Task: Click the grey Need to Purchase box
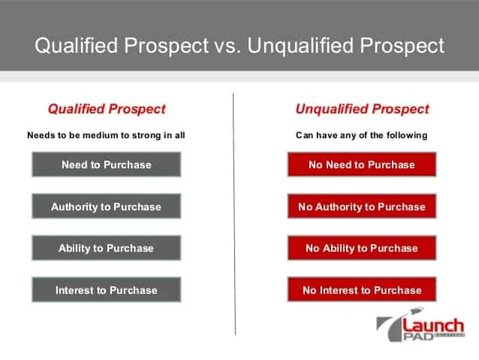(x=107, y=165)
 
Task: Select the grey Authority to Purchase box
(x=107, y=206)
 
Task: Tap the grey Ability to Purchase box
(x=107, y=248)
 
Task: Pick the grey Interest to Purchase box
(x=107, y=289)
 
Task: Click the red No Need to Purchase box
(x=362, y=165)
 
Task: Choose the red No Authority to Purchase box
(x=362, y=206)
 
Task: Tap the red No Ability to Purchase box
(x=362, y=248)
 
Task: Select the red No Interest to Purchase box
(x=362, y=289)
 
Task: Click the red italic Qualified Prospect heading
(x=107, y=109)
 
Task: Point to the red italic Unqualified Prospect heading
(x=362, y=109)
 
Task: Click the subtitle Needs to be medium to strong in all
(x=106, y=135)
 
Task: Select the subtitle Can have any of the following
(x=361, y=135)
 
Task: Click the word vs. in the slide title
(x=227, y=46)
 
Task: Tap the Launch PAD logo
(x=420, y=325)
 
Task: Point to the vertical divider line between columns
(x=234, y=214)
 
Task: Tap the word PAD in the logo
(x=418, y=337)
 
